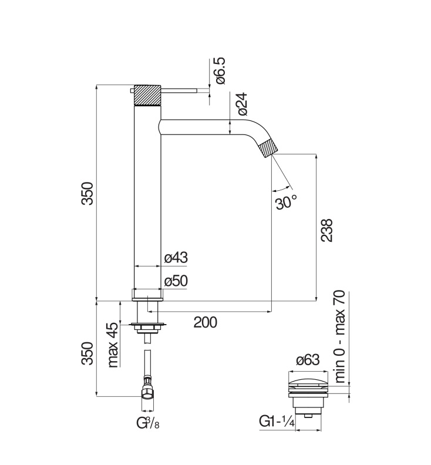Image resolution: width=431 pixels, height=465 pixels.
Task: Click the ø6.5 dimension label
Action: click(221, 70)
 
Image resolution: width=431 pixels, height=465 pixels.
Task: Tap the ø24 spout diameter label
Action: click(242, 103)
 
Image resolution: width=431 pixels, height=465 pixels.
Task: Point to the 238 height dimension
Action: click(327, 230)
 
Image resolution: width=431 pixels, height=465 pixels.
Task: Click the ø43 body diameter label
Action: click(176, 257)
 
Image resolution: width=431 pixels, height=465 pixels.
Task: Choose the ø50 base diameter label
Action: click(176, 281)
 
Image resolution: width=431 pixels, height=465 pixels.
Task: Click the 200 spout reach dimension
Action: click(206, 322)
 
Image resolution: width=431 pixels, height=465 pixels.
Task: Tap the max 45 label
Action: click(113, 345)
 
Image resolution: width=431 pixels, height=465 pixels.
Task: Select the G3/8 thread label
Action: click(148, 423)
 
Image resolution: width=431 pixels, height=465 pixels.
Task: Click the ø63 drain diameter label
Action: click(308, 360)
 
